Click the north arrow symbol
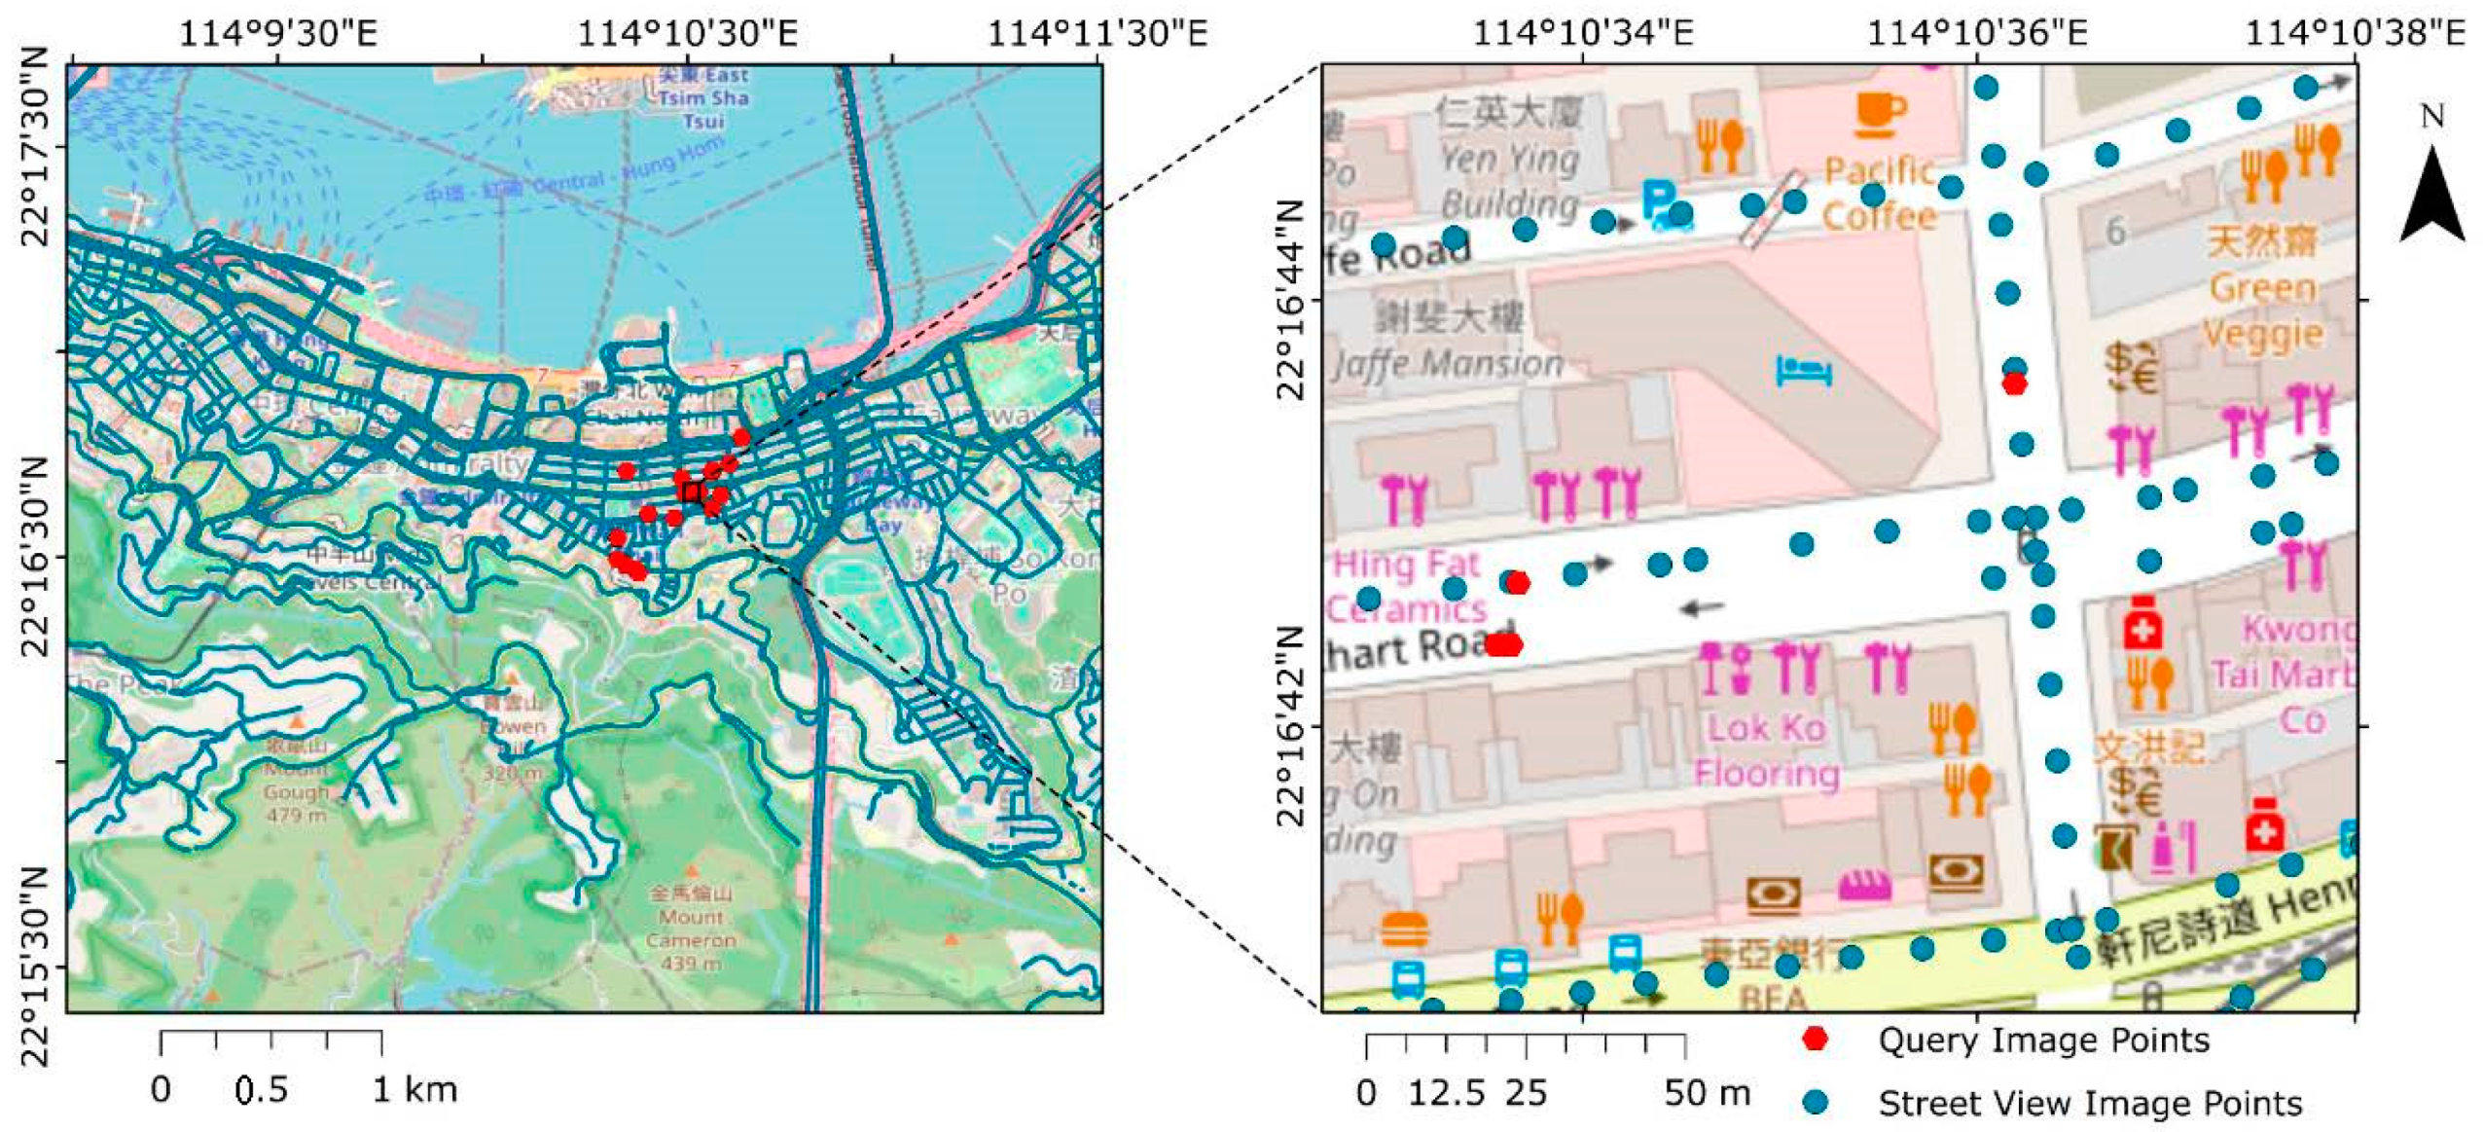click(2431, 195)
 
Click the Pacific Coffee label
click(1878, 193)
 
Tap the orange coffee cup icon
click(1880, 115)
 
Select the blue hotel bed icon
click(1804, 371)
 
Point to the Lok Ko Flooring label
click(1766, 750)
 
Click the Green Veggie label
click(2262, 310)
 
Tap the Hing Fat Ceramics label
click(1407, 586)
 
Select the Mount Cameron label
click(690, 928)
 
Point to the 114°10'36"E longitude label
click(1976, 33)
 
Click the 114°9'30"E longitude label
click(278, 33)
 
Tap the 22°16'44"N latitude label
click(1288, 299)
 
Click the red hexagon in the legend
click(1814, 1039)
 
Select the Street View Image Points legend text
click(2090, 1103)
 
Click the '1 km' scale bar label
click(415, 1089)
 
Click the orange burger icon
click(1405, 930)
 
